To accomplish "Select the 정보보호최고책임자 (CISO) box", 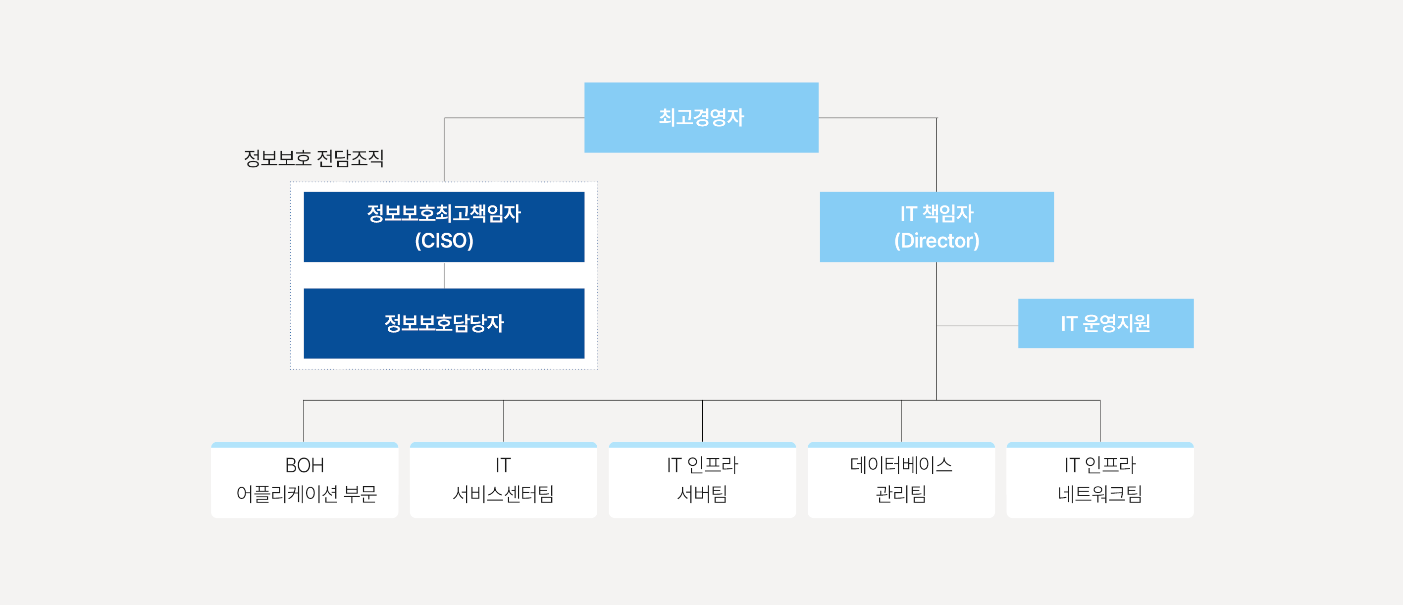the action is pos(444,227).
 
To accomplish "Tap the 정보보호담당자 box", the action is pos(444,323).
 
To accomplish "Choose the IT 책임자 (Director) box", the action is pos(937,227).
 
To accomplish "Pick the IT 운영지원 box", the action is pos(1106,323).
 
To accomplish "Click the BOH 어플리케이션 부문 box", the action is pos(305,480).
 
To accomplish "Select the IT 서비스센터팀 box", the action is pos(503,480).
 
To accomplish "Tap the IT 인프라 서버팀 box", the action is pos(702,480).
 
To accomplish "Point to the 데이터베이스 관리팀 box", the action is pos(901,480).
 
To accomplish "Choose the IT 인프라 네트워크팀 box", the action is pos(1099,480).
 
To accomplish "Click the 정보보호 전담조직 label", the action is pos(313,158).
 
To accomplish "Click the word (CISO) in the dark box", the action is pos(444,241).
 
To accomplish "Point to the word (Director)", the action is pos(937,241).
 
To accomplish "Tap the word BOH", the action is pos(305,465).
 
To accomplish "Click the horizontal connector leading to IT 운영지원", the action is pos(978,326).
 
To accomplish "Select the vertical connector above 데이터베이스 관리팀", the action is pos(901,421).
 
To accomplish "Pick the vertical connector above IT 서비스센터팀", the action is pos(503,421).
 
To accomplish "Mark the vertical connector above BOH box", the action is pos(304,421).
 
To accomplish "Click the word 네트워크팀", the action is pos(1099,494).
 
